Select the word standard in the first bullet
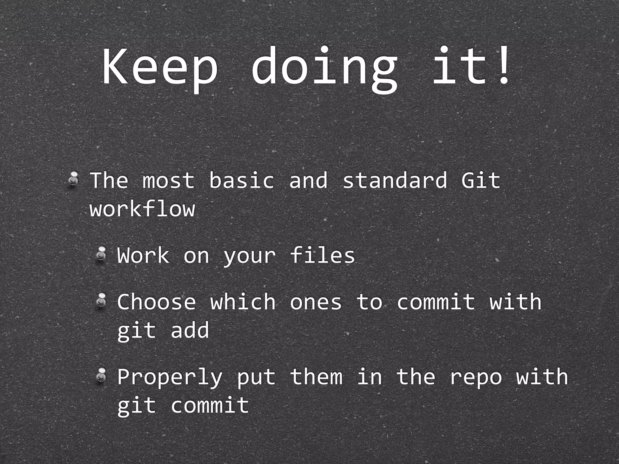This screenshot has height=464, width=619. tap(395, 180)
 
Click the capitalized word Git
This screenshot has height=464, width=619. tap(481, 180)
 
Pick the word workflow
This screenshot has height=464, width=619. tap(142, 209)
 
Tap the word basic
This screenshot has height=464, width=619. tap(242, 180)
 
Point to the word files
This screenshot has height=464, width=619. tap(322, 255)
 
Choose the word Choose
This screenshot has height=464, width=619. tap(157, 302)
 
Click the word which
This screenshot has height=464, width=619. tap(243, 302)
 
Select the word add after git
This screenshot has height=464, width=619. tap(190, 330)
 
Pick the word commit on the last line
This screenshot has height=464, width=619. tap(210, 405)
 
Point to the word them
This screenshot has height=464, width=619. tap(316, 377)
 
